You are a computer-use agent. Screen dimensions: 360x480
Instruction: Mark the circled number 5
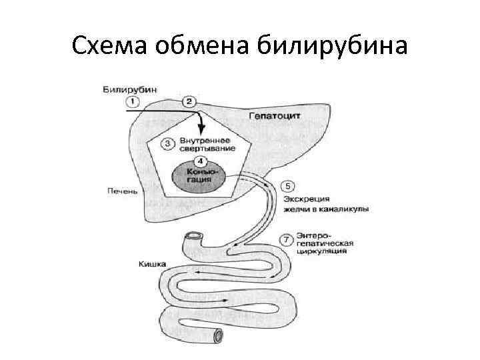(x=287, y=185)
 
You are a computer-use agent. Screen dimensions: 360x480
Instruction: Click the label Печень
(x=122, y=191)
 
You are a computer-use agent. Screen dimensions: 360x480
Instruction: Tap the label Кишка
(x=152, y=264)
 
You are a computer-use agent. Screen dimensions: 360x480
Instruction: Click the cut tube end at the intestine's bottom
(x=218, y=337)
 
